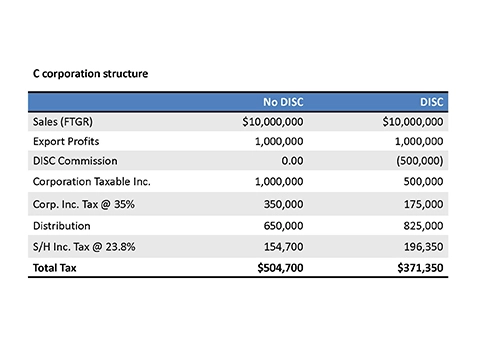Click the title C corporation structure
(x=90, y=74)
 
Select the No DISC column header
(x=283, y=102)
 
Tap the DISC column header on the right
(x=432, y=102)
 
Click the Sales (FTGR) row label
(x=63, y=122)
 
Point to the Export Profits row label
(x=66, y=141)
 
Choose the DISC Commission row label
(x=75, y=161)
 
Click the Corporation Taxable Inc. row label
(x=92, y=182)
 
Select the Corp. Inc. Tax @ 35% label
(x=84, y=204)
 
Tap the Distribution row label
(x=62, y=226)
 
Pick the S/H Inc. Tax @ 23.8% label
(x=84, y=247)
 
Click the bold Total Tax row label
(x=55, y=268)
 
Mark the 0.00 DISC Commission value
(x=292, y=161)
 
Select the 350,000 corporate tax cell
(x=284, y=204)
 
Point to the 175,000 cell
(x=424, y=204)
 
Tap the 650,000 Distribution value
(x=284, y=226)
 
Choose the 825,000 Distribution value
(x=424, y=226)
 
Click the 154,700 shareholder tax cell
(x=284, y=247)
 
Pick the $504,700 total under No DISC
(x=280, y=268)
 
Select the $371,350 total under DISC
(x=420, y=268)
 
